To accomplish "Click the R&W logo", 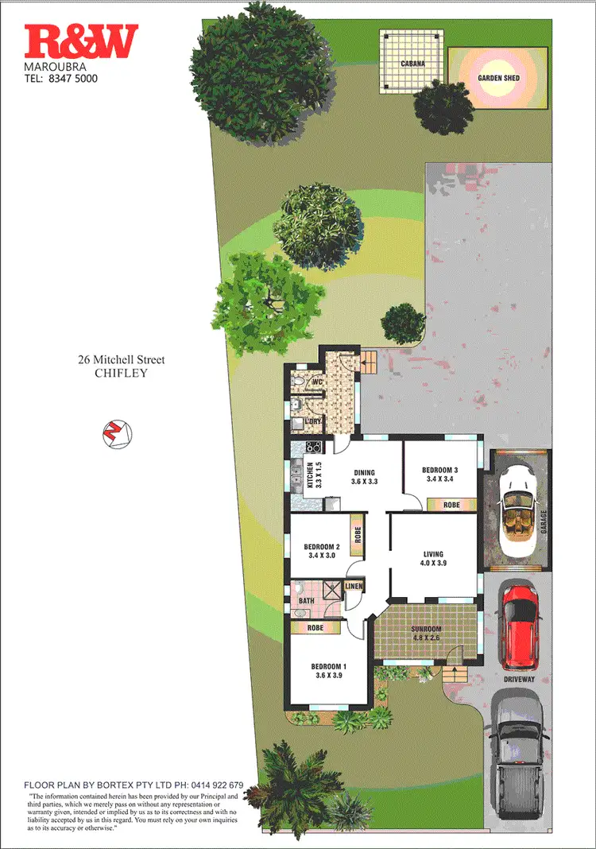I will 81,42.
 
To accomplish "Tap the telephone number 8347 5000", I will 73,79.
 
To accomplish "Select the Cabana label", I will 412,64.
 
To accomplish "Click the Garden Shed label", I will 498,78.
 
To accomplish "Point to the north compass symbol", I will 117,433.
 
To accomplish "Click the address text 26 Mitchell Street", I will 121,360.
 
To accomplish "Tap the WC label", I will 315,382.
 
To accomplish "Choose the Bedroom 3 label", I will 439,470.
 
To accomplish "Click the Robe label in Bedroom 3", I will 451,504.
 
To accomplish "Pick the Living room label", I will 433,554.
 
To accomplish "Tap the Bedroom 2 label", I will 322,547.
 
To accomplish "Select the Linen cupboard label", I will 354,587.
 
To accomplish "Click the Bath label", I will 306,601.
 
